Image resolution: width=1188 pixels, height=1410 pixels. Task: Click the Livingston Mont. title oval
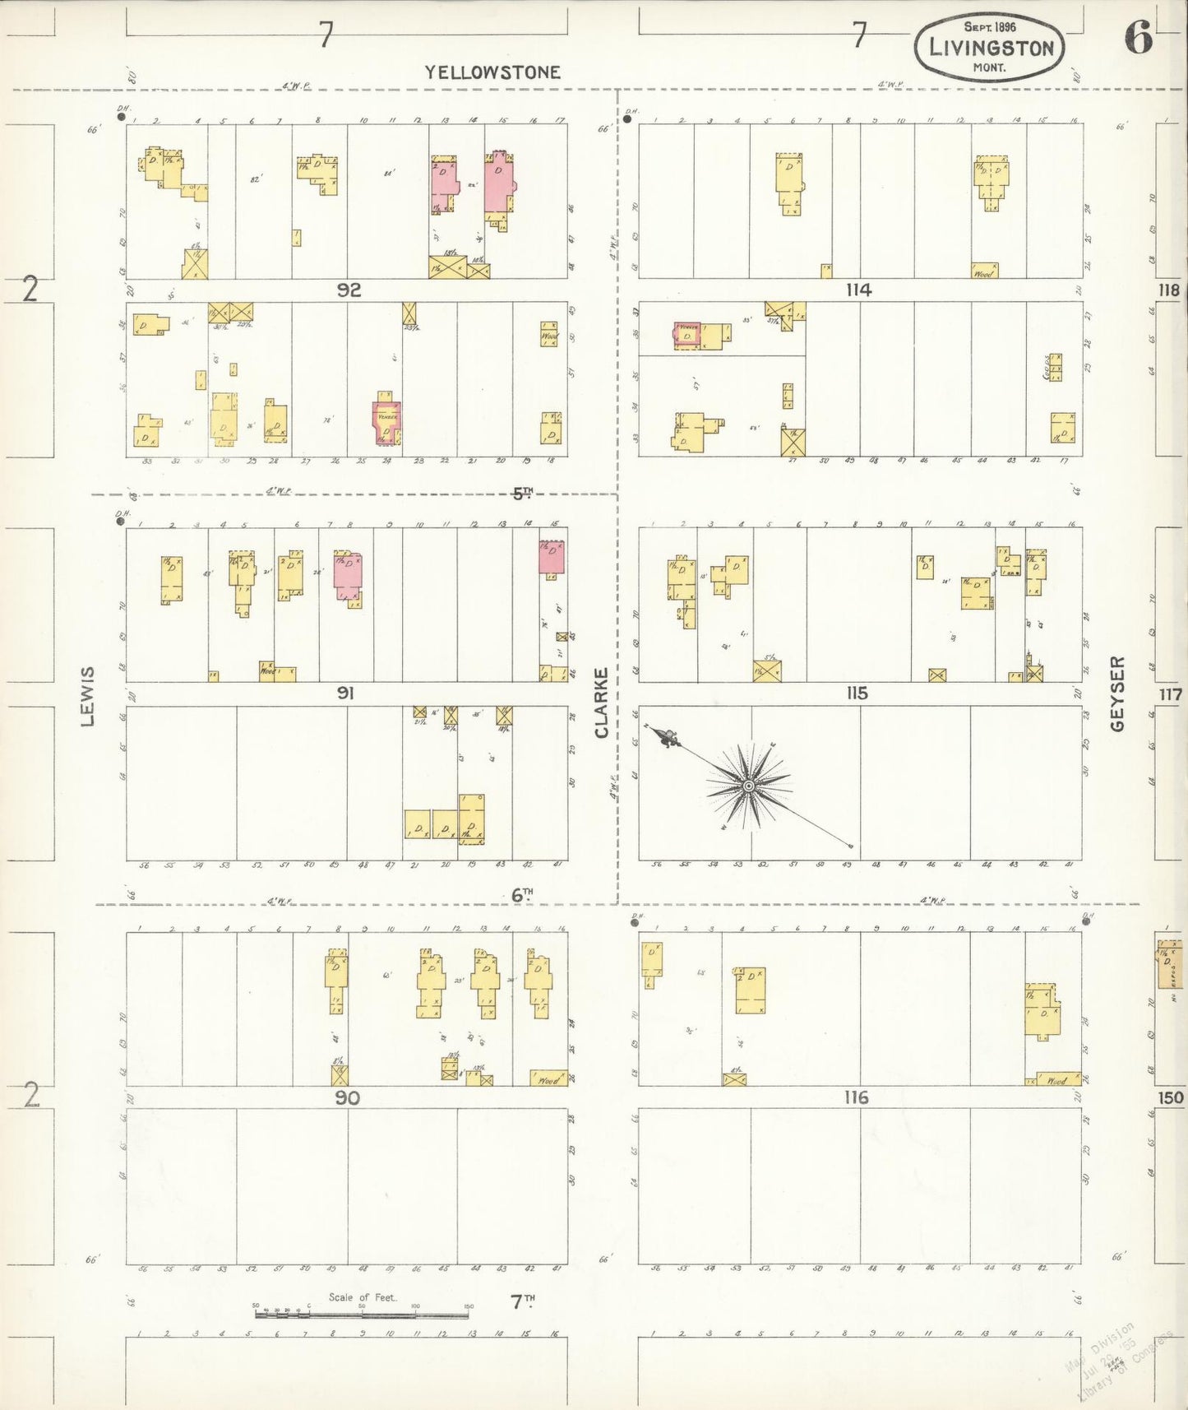pos(989,47)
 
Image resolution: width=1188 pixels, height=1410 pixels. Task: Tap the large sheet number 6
pos(1139,37)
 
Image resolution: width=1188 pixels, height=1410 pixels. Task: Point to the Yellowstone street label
pos(492,72)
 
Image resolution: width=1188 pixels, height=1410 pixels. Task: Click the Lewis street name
pos(88,696)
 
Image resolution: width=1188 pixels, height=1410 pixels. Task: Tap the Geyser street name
pos(1116,693)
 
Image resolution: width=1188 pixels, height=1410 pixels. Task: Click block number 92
pos(349,290)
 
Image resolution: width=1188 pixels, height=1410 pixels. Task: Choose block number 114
pos(857,290)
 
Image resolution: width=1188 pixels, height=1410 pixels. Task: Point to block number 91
pos(345,693)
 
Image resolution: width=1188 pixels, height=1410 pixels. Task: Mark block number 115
pos(857,693)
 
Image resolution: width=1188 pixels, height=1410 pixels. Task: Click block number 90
pos(347,1097)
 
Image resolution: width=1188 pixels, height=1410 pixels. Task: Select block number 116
pos(856,1097)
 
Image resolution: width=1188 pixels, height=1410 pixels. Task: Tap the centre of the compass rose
pos(749,786)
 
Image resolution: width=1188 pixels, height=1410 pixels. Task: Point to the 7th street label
pos(522,1301)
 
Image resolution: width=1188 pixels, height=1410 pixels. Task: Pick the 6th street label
pos(522,895)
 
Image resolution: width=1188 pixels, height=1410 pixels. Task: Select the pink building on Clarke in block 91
pos(552,558)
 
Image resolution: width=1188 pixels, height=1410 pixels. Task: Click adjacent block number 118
pos(1169,290)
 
